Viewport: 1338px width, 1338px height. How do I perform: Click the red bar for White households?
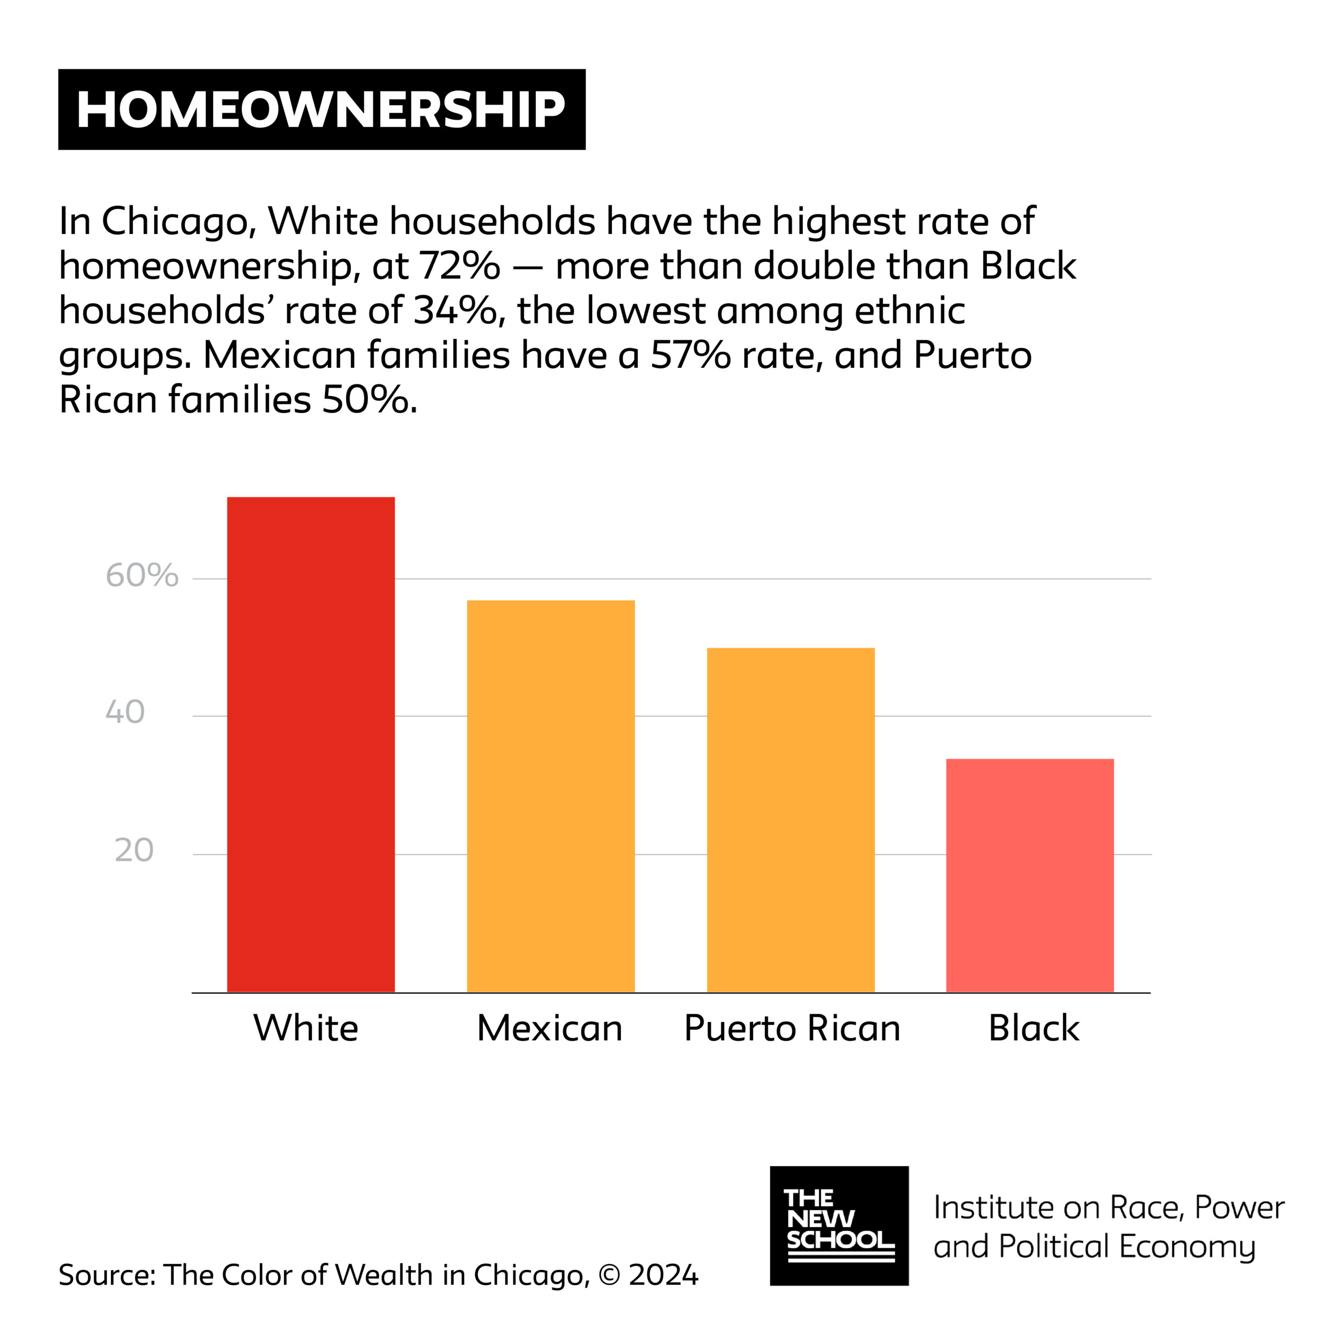[x=311, y=744]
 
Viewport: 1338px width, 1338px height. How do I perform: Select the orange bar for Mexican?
[x=550, y=797]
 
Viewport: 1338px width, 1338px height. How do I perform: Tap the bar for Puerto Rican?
[x=790, y=820]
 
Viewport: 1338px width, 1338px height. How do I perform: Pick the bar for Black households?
[x=1030, y=875]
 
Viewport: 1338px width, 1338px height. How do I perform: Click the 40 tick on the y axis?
[x=125, y=712]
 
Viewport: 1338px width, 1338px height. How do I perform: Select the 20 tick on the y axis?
[x=134, y=850]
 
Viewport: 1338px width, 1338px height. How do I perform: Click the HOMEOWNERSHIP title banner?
[x=321, y=109]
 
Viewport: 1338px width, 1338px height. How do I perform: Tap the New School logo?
[x=839, y=1225]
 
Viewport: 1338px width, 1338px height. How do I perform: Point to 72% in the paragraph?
[x=459, y=267]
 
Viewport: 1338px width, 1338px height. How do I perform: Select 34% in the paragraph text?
[x=455, y=311]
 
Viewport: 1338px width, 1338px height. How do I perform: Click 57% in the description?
[x=690, y=355]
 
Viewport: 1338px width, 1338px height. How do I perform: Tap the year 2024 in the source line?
[x=663, y=1274]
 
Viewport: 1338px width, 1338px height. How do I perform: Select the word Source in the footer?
[x=107, y=1274]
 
